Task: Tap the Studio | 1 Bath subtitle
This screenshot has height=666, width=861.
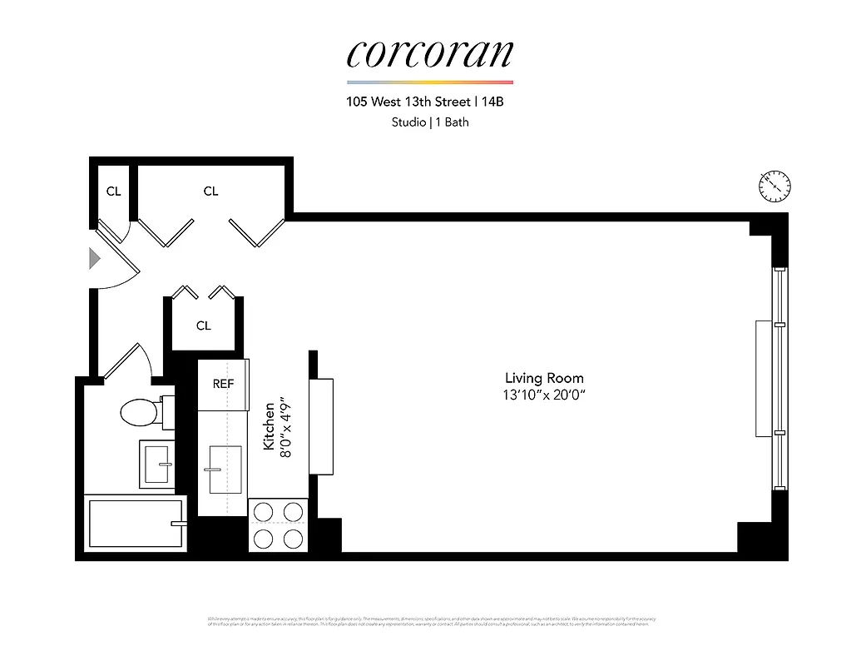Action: coord(430,122)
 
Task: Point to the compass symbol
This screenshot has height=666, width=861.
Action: coord(774,186)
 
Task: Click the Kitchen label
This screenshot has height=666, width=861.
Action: coord(269,426)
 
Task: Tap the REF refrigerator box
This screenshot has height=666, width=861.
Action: coord(223,384)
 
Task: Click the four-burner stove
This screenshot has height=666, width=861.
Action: coord(278,524)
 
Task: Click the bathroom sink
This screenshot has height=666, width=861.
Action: coord(156,462)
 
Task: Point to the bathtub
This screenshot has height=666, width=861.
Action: coord(133,523)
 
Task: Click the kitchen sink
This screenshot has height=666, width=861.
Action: coord(224,469)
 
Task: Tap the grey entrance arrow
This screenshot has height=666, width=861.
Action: coord(95,259)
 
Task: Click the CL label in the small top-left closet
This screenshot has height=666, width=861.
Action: coord(113,191)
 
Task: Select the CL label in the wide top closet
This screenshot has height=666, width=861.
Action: coord(210,191)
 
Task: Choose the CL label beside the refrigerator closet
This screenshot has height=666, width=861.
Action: coord(204,326)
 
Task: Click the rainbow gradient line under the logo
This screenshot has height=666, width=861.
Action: coord(429,82)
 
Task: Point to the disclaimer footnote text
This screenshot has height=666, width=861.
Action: coord(431,621)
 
